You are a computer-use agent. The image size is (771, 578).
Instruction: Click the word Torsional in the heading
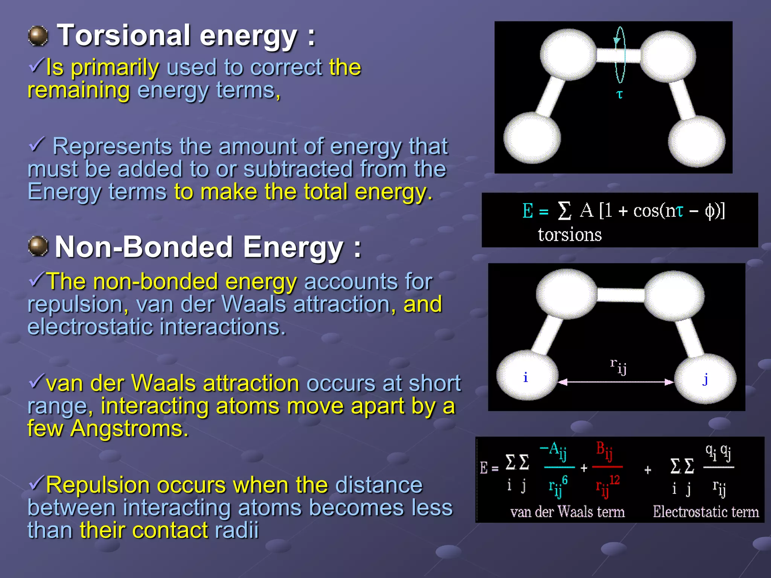[x=124, y=35]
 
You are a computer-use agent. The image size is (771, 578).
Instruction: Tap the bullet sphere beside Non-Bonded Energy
[x=38, y=247]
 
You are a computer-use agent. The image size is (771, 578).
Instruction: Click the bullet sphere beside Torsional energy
[x=38, y=36]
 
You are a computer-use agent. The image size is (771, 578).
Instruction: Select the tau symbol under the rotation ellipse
[x=619, y=94]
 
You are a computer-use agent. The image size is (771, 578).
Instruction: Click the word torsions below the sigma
[x=569, y=235]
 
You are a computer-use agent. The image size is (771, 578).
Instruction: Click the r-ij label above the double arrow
[x=618, y=366]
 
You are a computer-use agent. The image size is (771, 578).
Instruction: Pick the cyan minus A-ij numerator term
[x=553, y=450]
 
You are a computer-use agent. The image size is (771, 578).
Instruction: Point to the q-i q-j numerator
[x=718, y=452]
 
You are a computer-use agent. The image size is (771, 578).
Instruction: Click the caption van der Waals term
[x=567, y=512]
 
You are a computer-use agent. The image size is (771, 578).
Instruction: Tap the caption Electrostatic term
[x=705, y=512]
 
